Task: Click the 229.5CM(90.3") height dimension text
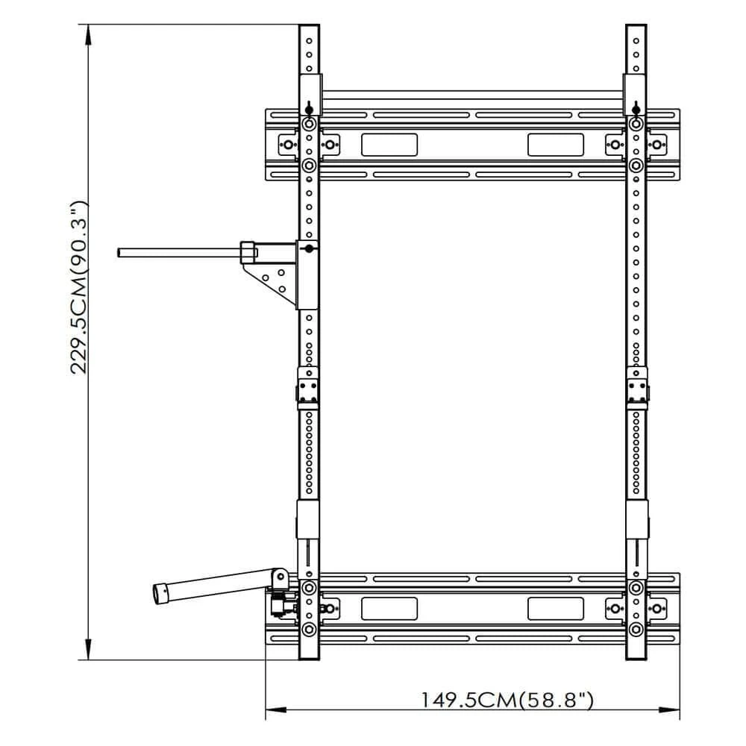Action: click(x=80, y=287)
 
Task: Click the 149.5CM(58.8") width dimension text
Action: click(x=507, y=700)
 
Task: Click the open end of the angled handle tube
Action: click(x=158, y=594)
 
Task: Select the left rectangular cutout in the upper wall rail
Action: click(x=389, y=145)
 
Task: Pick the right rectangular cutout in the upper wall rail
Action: click(x=555, y=145)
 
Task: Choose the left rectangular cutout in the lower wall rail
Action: click(x=389, y=608)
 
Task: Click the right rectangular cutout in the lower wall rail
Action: click(x=555, y=608)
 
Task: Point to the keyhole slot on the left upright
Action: click(x=309, y=107)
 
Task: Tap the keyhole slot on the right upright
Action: click(x=635, y=107)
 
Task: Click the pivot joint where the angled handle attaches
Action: click(x=279, y=578)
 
